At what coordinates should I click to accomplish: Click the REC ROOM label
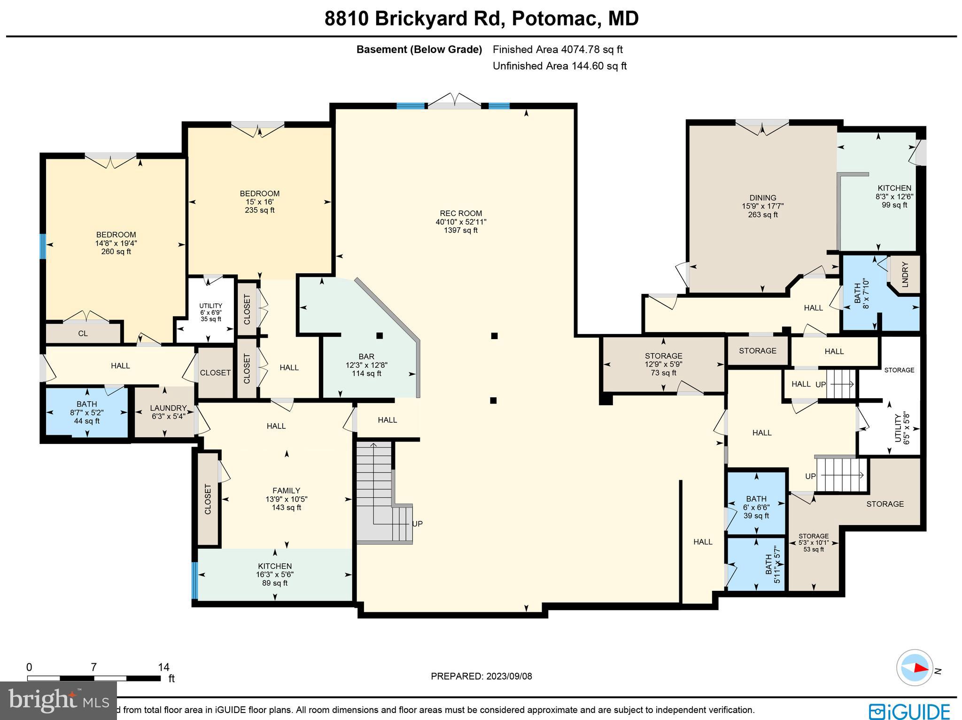[461, 222]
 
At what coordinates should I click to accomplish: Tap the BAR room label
[366, 365]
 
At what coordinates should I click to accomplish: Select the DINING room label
[763, 206]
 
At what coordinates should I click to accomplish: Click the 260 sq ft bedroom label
[116, 243]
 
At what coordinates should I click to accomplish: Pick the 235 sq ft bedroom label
[259, 201]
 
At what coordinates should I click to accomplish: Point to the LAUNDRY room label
[168, 411]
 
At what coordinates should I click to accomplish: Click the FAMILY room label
[286, 499]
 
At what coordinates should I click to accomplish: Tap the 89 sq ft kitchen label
[275, 574]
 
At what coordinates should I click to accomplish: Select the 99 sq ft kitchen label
[894, 196]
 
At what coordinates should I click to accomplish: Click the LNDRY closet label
[905, 274]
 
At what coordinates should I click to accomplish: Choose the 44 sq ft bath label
[87, 412]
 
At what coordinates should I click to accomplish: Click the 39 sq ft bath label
[756, 507]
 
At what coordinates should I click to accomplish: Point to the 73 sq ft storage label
[663, 364]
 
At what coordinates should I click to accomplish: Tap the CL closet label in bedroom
[83, 333]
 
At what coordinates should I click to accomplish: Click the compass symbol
[914, 667]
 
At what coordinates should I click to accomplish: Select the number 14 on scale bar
[163, 667]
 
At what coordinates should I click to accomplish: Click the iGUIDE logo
[909, 711]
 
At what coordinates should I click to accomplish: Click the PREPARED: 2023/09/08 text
[481, 676]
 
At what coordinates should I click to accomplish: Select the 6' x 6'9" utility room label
[210, 312]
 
